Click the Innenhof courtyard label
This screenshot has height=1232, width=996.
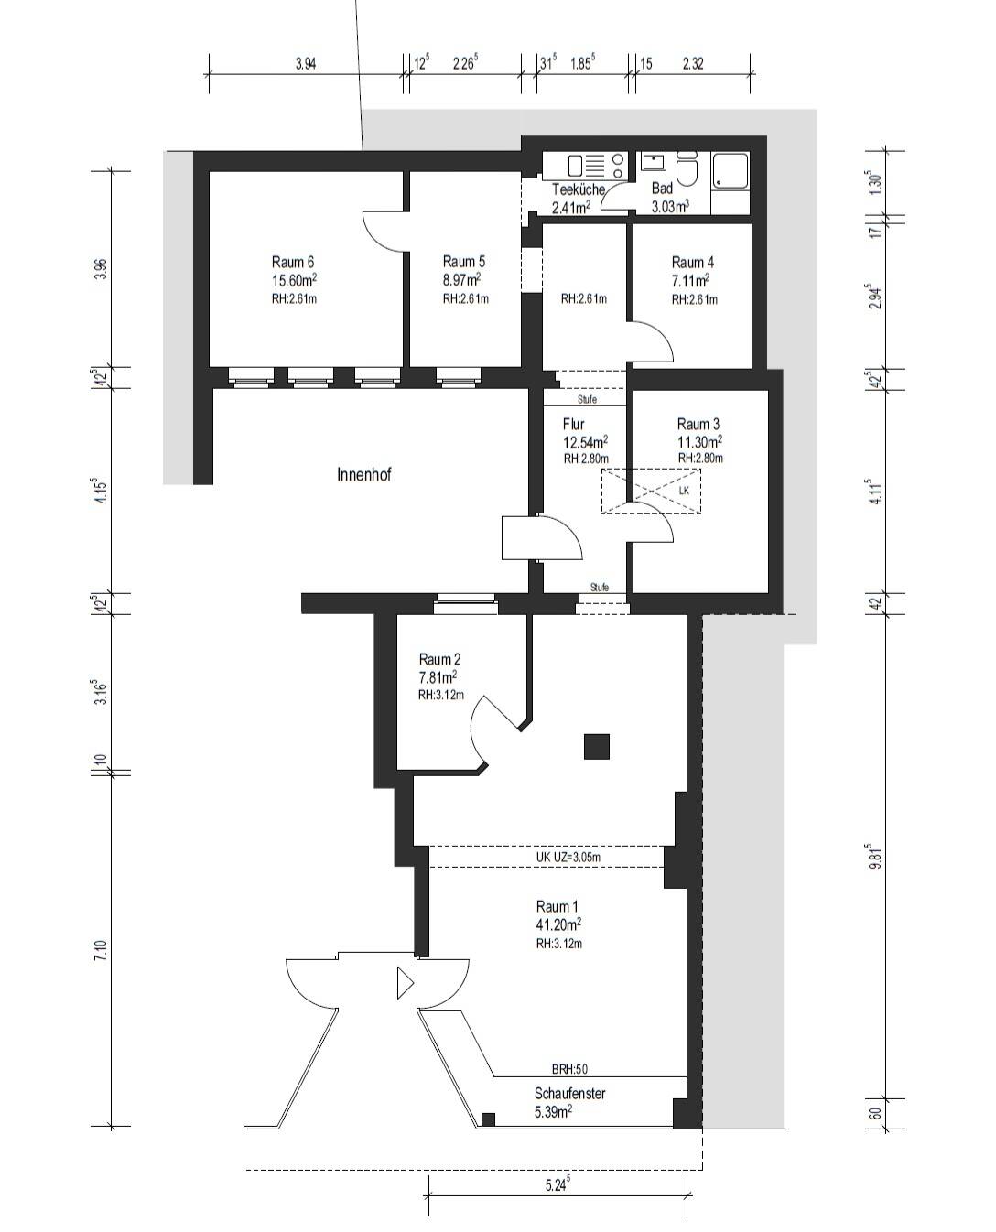pyautogui.click(x=363, y=474)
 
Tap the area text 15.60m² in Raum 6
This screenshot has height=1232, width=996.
pyautogui.click(x=294, y=280)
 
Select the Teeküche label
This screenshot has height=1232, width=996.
pyautogui.click(x=578, y=189)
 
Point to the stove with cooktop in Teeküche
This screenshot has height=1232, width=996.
pyautogui.click(x=597, y=165)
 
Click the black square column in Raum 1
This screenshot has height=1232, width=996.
pyautogui.click(x=596, y=746)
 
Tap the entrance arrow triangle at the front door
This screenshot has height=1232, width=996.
pyautogui.click(x=405, y=982)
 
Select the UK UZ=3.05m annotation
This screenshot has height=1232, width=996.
pyautogui.click(x=568, y=857)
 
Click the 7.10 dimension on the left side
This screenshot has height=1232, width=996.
pyautogui.click(x=102, y=950)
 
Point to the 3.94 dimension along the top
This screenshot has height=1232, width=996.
pyautogui.click(x=306, y=64)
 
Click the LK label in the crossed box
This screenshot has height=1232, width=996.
pyautogui.click(x=684, y=491)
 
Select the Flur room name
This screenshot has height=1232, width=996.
pyautogui.click(x=573, y=424)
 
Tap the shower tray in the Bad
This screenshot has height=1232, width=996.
pyautogui.click(x=731, y=170)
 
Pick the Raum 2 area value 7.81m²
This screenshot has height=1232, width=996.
pyautogui.click(x=438, y=676)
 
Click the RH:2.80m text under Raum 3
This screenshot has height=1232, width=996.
pyautogui.click(x=700, y=458)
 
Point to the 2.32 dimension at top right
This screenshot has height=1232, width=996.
pyautogui.click(x=693, y=64)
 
